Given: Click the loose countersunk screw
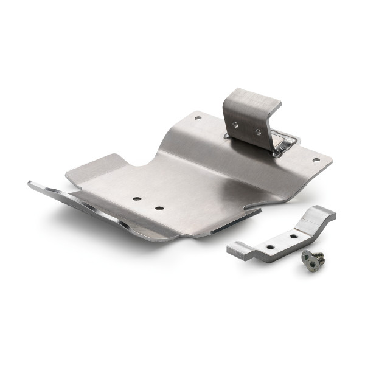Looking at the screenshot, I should click(313, 260).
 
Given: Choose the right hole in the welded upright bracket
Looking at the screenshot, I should click(257, 132).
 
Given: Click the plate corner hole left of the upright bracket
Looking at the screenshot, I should click(198, 118).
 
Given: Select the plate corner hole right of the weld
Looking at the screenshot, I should click(315, 161).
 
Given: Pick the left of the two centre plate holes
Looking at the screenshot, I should click(138, 198).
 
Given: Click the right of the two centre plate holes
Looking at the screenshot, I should click(159, 208).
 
